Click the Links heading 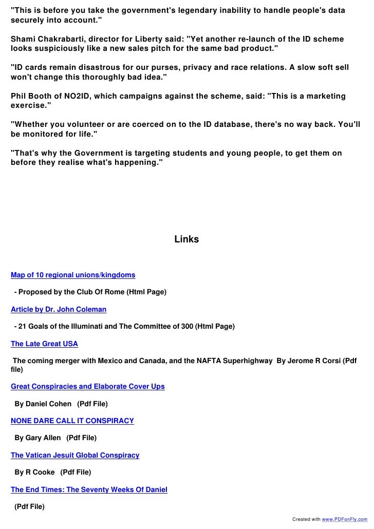(x=186, y=239)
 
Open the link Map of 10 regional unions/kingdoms (x=73, y=275)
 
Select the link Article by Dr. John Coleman (x=59, y=309)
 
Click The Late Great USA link (x=44, y=344)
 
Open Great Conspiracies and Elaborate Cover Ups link (x=88, y=386)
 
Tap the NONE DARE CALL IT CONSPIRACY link (x=72, y=421)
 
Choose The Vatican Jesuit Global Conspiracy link (x=75, y=455)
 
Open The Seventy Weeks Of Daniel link (x=89, y=489)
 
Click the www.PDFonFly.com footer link (x=344, y=519)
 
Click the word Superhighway (x=244, y=361)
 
